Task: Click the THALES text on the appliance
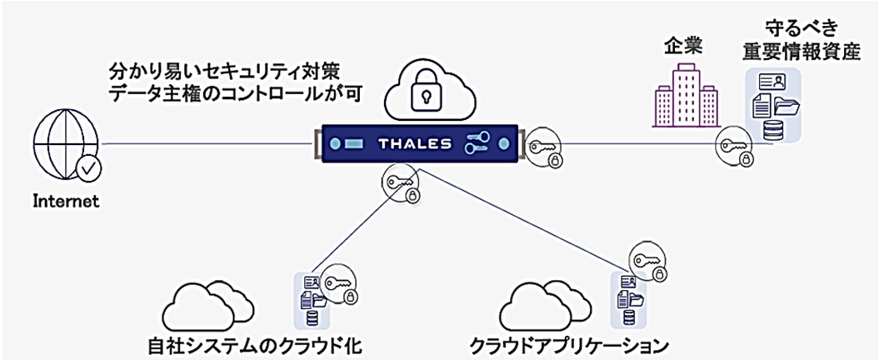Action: point(415,144)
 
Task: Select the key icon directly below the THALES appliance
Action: point(401,184)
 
